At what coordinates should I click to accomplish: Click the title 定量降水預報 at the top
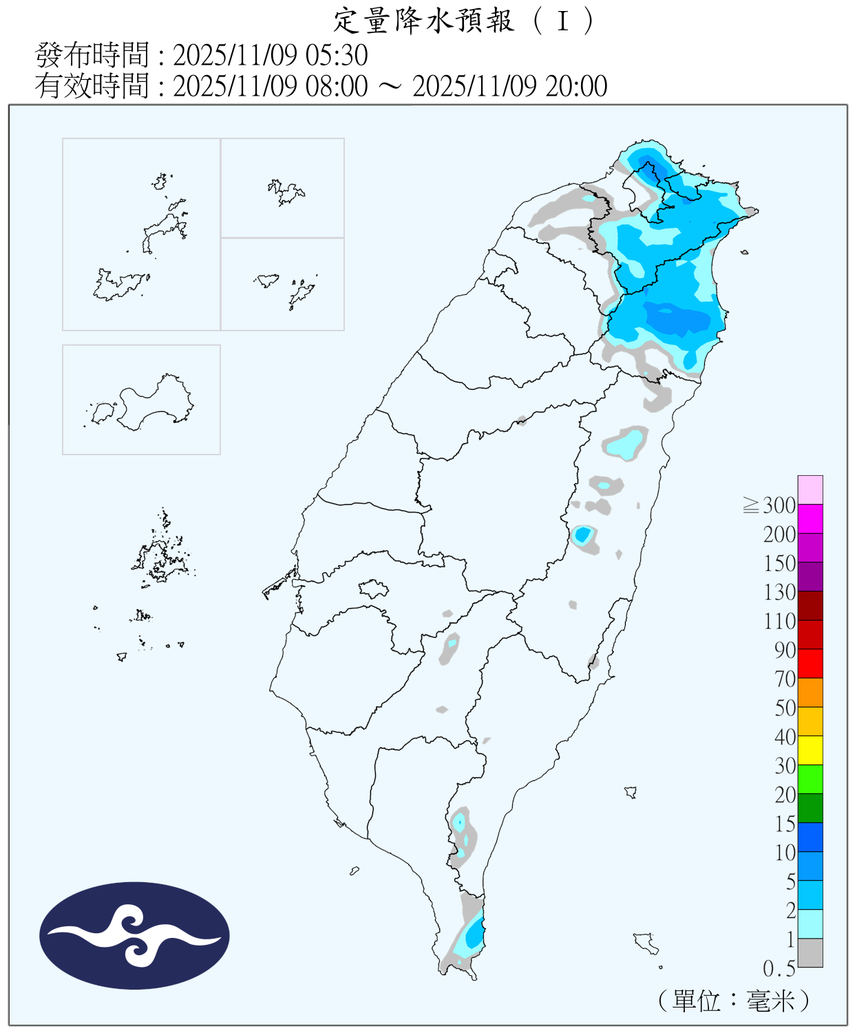(x=423, y=21)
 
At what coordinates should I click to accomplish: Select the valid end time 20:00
(x=576, y=87)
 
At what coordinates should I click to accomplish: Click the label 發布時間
(x=92, y=55)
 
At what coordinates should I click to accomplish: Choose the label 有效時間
(x=92, y=87)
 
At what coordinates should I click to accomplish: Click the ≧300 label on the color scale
(x=770, y=505)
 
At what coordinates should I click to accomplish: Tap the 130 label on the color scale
(x=779, y=592)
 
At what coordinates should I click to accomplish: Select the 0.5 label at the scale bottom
(x=779, y=969)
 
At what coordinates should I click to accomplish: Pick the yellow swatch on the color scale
(x=810, y=751)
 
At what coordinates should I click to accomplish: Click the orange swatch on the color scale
(x=810, y=693)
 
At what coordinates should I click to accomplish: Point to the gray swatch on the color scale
(x=810, y=953)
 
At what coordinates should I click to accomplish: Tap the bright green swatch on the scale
(x=810, y=780)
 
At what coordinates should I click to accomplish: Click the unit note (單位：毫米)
(x=734, y=1001)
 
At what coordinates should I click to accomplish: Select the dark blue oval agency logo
(x=134, y=936)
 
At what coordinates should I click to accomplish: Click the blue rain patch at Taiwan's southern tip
(x=474, y=935)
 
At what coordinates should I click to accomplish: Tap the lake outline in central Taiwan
(x=374, y=589)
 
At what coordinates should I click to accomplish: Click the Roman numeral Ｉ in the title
(x=563, y=21)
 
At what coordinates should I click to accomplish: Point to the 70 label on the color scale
(x=785, y=679)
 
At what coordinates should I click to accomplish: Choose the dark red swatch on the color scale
(x=810, y=606)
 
